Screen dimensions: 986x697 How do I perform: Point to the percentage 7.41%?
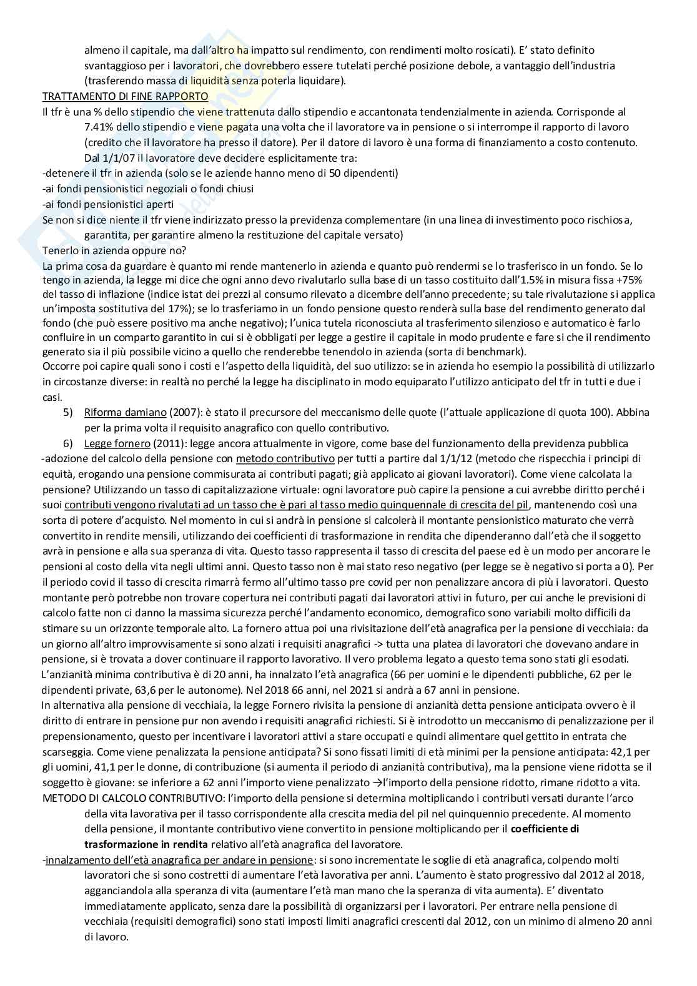[96, 127]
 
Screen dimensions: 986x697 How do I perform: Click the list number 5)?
[69, 413]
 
